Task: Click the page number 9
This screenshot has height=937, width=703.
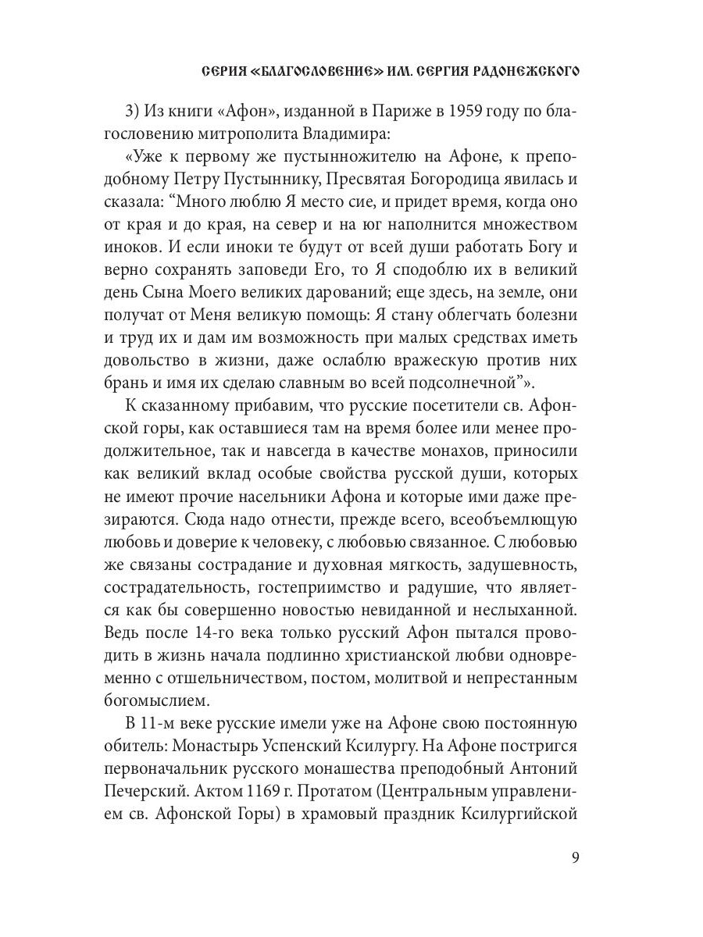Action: tap(575, 860)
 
